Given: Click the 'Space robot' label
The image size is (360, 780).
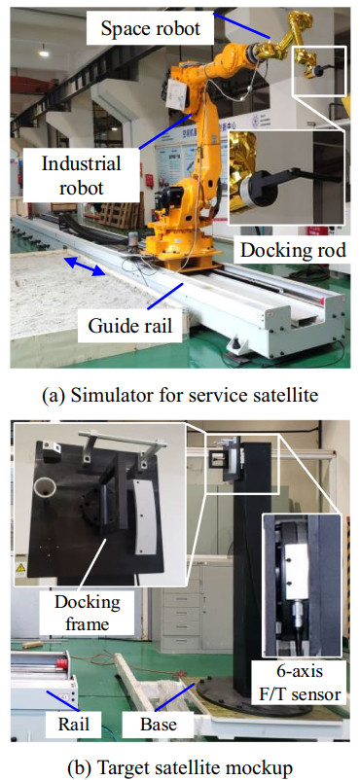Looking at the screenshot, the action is (151, 28).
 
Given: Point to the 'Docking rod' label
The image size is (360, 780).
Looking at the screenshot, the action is (293, 250).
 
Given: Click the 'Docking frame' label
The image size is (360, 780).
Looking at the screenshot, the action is (88, 612).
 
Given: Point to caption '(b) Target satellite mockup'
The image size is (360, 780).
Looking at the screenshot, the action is (180, 766).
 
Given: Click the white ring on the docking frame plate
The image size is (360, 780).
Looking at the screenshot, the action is (45, 487).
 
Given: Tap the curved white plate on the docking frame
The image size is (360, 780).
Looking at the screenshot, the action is (146, 516).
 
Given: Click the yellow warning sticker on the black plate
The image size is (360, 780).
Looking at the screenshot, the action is (21, 567).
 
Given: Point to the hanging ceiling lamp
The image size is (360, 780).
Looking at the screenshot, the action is (44, 51).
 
